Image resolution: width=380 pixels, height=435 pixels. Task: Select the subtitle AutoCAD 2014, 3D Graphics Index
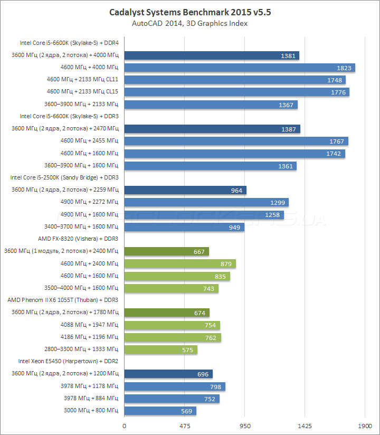click(x=189, y=23)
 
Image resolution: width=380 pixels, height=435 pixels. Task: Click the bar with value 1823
click(x=239, y=68)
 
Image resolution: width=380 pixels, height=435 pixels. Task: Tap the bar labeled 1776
click(x=236, y=92)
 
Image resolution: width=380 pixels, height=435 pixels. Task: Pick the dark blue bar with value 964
click(x=185, y=190)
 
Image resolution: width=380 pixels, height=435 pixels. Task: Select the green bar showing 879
click(x=180, y=263)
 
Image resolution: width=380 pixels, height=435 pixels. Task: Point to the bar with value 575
click(x=160, y=349)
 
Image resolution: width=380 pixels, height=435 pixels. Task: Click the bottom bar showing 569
click(x=160, y=411)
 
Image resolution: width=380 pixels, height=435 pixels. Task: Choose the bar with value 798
click(x=175, y=386)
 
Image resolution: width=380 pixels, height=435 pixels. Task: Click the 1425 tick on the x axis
click(x=305, y=425)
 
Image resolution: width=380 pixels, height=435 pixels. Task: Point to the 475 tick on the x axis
click(x=184, y=425)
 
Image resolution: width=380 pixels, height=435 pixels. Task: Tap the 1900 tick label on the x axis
click(x=364, y=425)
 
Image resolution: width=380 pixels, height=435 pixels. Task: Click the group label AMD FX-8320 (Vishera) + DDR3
click(x=78, y=239)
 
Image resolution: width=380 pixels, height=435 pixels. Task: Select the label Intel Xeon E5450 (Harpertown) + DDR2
click(x=68, y=361)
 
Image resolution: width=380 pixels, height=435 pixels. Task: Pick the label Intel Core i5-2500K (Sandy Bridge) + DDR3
click(x=64, y=177)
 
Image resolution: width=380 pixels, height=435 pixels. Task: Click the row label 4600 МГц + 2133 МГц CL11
click(x=82, y=80)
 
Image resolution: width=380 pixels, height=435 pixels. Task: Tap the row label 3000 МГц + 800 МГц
click(x=91, y=411)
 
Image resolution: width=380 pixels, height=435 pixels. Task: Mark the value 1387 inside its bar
click(x=288, y=129)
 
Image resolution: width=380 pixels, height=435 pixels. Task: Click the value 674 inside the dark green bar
click(x=199, y=313)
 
